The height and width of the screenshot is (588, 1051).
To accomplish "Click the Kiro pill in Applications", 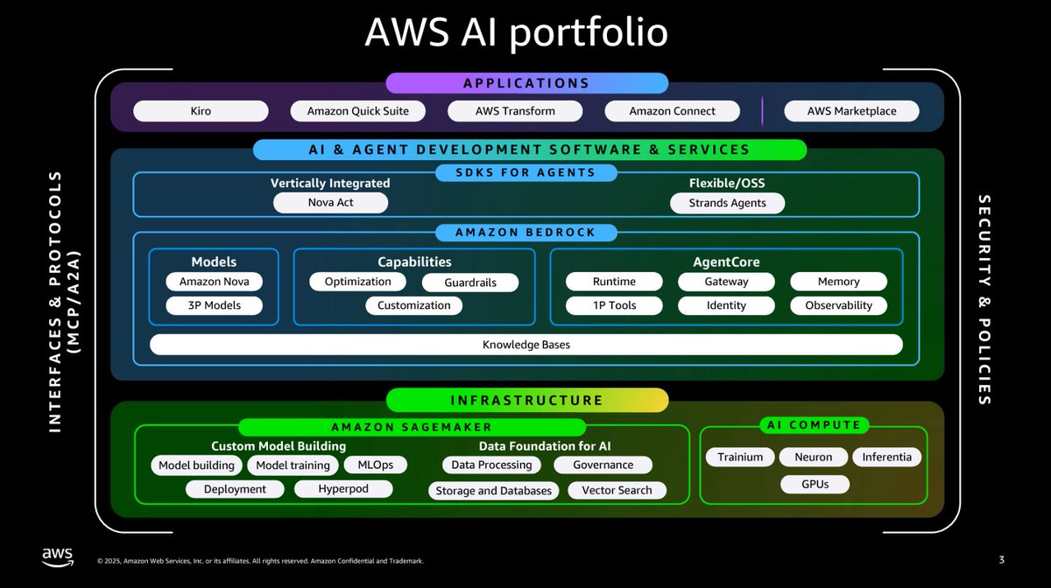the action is [201, 111].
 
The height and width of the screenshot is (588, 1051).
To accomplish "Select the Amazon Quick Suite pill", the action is [357, 111].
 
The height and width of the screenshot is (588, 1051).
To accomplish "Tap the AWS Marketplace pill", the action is [851, 111].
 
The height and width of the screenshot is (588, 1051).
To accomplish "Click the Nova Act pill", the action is [330, 203].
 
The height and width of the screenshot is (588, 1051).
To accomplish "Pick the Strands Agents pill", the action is [727, 203].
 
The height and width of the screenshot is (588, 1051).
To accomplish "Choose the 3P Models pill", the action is [214, 305].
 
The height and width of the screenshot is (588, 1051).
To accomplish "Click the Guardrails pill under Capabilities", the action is [470, 283].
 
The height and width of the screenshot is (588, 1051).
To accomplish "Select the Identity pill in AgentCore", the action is [726, 305].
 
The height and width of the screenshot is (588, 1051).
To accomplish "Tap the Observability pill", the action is [838, 305].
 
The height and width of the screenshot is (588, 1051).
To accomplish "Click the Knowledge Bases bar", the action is [526, 345].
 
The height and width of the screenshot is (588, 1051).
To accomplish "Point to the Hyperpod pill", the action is [343, 488].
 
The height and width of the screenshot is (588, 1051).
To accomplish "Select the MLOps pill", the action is [376, 465].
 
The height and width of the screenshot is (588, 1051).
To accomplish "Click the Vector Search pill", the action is [617, 490].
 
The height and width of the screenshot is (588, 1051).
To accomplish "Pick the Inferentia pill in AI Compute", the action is [886, 457].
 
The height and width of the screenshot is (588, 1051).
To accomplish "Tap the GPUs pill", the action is [815, 485].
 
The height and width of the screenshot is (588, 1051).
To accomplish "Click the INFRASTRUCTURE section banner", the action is [527, 400].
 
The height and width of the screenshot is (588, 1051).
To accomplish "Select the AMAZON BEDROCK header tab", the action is [526, 233].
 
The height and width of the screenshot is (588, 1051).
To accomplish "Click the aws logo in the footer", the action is [58, 556].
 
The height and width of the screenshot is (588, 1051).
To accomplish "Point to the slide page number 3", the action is [1002, 560].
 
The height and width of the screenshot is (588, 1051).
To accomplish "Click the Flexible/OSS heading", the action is [727, 183].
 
